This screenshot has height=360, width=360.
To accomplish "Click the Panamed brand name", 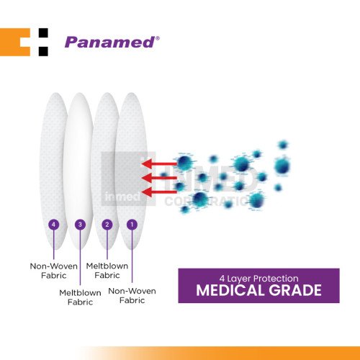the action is click(110, 42).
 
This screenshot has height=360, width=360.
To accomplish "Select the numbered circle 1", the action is click(132, 225).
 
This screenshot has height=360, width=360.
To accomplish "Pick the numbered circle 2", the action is click(107, 225).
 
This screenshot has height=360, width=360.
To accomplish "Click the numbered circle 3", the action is click(80, 225).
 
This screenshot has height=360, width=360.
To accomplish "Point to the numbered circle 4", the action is click(54, 225).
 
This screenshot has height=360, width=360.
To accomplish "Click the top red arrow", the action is click(159, 164).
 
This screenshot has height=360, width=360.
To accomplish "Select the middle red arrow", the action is click(159, 178).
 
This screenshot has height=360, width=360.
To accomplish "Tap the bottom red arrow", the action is click(159, 192).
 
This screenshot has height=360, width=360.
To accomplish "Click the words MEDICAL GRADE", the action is click(258, 290).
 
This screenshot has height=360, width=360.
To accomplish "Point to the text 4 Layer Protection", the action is click(258, 279).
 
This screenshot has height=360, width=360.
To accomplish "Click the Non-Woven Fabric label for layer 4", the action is click(54, 271).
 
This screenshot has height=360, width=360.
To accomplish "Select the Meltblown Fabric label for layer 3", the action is click(80, 297).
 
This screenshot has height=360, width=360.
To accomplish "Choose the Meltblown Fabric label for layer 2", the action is click(107, 271).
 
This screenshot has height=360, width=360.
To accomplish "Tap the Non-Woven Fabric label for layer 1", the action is click(132, 296).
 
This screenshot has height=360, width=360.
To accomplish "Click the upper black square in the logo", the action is click(43, 33).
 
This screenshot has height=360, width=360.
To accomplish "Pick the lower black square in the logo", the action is click(43, 52).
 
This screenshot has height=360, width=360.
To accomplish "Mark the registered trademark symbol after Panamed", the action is click(158, 38).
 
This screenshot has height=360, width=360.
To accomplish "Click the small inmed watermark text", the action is click(122, 197).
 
